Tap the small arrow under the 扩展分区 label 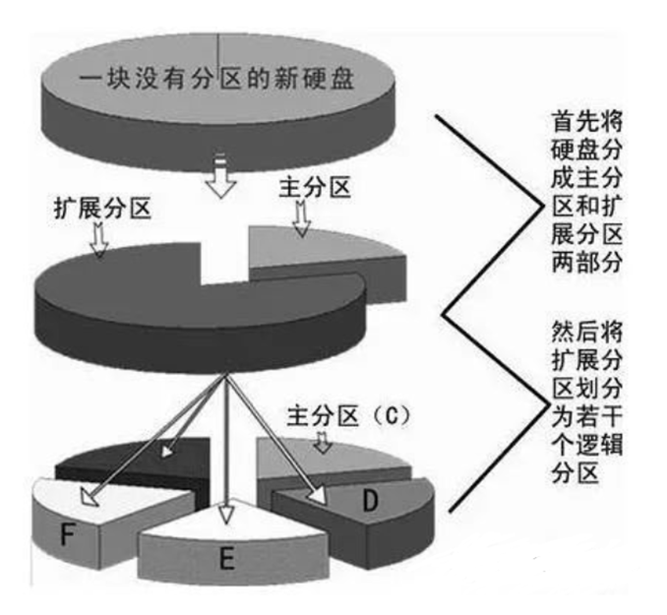pos(97,240)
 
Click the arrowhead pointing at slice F pos(91,497)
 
